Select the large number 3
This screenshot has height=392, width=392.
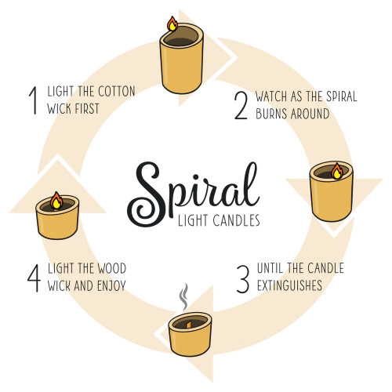244,278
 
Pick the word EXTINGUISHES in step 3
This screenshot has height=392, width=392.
289,286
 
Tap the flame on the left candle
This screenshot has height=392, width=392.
56,201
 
